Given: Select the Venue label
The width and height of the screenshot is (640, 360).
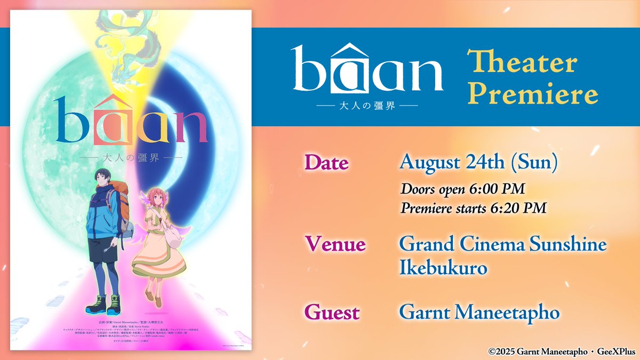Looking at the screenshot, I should coord(334,244).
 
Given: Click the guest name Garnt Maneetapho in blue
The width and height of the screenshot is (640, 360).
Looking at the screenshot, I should coord(479,312).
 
